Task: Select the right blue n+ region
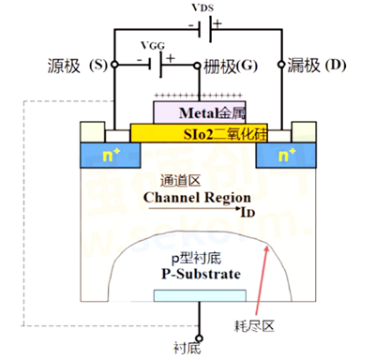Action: tap(284, 151)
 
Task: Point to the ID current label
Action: tap(247, 213)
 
